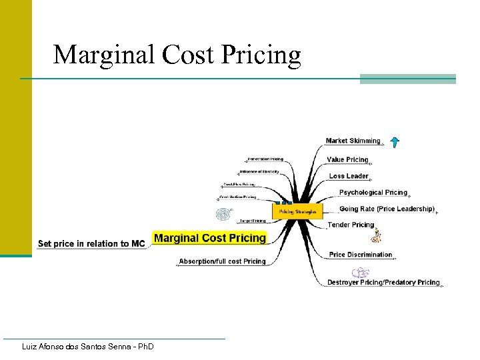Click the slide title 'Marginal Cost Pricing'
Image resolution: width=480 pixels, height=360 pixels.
coord(177,55)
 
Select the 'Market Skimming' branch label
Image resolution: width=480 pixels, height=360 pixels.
coord(353,141)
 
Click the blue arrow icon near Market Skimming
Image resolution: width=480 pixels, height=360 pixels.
coord(395,141)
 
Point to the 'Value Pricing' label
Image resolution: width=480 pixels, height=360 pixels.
coord(347,159)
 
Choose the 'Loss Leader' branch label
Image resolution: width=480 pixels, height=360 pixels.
coord(349,176)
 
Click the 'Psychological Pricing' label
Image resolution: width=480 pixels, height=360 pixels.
coord(373,193)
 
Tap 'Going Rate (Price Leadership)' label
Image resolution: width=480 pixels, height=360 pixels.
coord(387,209)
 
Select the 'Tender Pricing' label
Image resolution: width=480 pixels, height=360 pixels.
coord(351,225)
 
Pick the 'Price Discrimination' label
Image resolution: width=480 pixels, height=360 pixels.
coord(361,254)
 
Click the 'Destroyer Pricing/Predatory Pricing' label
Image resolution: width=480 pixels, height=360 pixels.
coord(383,282)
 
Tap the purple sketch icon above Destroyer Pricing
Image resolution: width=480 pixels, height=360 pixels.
coord(360,272)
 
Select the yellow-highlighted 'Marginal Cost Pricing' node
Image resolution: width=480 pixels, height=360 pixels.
coord(210,238)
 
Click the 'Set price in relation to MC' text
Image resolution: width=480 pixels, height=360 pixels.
coord(91,243)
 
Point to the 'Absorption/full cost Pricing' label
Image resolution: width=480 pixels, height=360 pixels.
coord(222,261)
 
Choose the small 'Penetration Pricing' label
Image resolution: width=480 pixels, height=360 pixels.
coord(265,159)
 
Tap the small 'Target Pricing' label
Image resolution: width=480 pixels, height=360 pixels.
coord(252,220)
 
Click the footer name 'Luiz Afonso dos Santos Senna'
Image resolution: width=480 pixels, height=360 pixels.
coord(87,347)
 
